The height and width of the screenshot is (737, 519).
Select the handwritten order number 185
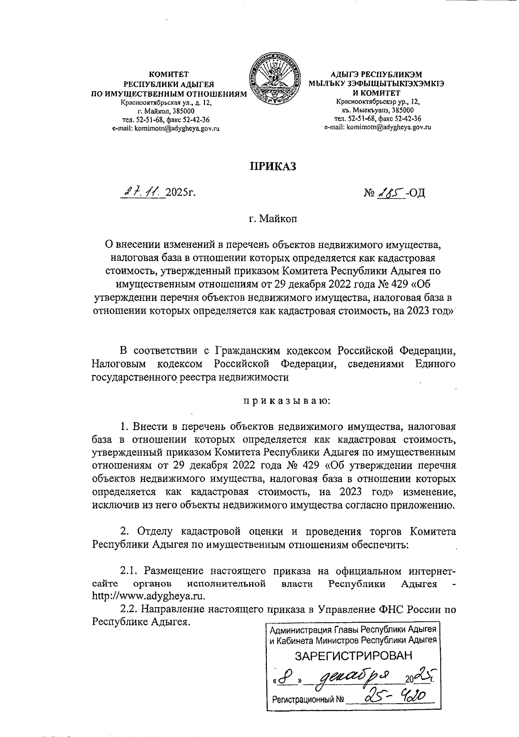pyautogui.click(x=390, y=191)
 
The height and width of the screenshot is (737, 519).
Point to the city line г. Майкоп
pyautogui.click(x=272, y=219)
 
